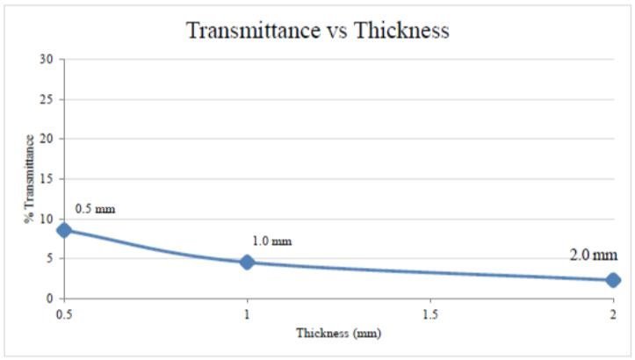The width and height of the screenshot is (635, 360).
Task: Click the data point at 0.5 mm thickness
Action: click(63, 230)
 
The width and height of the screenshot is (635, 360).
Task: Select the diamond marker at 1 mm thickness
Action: click(247, 262)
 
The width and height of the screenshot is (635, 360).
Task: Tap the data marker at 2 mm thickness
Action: click(612, 280)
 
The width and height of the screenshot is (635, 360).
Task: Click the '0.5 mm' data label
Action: click(95, 209)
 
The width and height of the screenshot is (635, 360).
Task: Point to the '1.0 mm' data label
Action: click(271, 241)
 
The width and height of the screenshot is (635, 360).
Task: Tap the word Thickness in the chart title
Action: click(402, 31)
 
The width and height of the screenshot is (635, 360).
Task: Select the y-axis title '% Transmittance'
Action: click(29, 179)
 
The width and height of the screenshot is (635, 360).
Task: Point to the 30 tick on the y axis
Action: click(47, 60)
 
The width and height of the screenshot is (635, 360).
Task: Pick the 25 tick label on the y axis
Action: click(47, 99)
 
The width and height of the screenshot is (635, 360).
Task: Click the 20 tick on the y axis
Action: click(47, 139)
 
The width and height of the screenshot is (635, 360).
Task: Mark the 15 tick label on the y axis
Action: click(47, 179)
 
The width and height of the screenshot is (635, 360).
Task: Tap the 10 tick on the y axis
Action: click(47, 219)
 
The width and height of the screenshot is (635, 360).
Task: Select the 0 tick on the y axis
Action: click(51, 299)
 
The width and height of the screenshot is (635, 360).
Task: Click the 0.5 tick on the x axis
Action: click(63, 313)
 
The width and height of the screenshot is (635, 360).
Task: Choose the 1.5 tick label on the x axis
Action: click(429, 313)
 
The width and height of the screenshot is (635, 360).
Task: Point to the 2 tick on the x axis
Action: click(612, 313)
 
